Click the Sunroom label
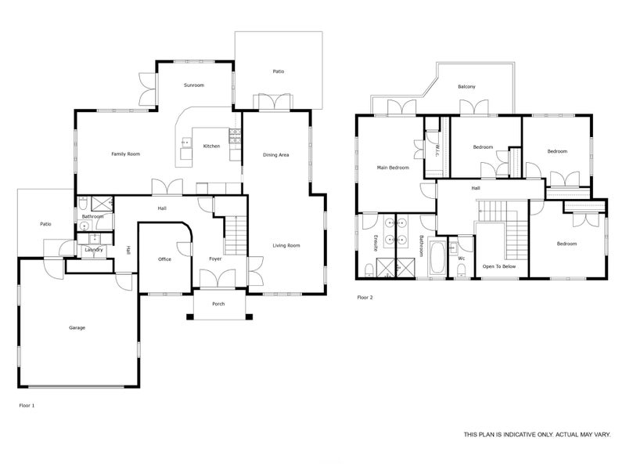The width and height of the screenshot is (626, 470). pyautogui.click(x=194, y=85)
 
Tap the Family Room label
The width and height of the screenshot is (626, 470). pyautogui.click(x=126, y=154)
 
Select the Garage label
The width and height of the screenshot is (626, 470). pyautogui.click(x=77, y=327)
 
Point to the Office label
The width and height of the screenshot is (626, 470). pyautogui.click(x=164, y=259)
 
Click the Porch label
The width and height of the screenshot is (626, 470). pyautogui.click(x=218, y=304)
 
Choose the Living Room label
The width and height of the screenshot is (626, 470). pyautogui.click(x=286, y=245)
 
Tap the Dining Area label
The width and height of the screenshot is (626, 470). pyautogui.click(x=276, y=155)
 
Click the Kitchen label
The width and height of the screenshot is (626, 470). pyautogui.click(x=211, y=146)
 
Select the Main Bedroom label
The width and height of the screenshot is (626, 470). pyautogui.click(x=393, y=168)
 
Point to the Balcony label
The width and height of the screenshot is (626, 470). pyautogui.click(x=466, y=87)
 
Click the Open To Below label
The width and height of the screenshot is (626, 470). pyautogui.click(x=499, y=266)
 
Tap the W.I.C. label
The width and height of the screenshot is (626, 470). pyautogui.click(x=437, y=150)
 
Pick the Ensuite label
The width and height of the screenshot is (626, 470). pyautogui.click(x=376, y=243)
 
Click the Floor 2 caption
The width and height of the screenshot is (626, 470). pyautogui.click(x=365, y=298)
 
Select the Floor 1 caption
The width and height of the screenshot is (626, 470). pyautogui.click(x=27, y=405)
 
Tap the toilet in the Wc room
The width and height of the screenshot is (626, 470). pyautogui.click(x=461, y=273)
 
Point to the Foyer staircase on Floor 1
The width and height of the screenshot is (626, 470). pyautogui.click(x=236, y=235)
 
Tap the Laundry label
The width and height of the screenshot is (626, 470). pyautogui.click(x=94, y=250)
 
